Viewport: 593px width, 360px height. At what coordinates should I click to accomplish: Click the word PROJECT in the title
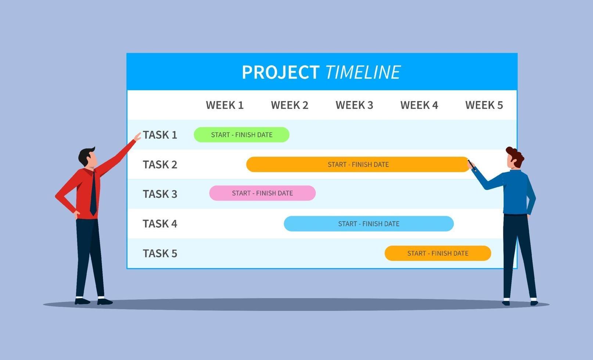pyautogui.click(x=280, y=72)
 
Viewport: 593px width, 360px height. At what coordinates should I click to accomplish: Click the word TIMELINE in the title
pyautogui.click(x=363, y=72)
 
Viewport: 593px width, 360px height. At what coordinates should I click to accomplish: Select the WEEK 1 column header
pyautogui.click(x=224, y=105)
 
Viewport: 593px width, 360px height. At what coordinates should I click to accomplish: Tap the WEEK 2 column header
pyautogui.click(x=290, y=105)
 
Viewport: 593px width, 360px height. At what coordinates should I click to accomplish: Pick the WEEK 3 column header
pyautogui.click(x=354, y=105)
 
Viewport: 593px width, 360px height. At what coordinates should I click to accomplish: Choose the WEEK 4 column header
pyautogui.click(x=419, y=105)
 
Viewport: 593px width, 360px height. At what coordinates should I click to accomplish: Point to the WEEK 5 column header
pyautogui.click(x=484, y=105)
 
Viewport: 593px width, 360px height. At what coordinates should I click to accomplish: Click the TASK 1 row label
pyautogui.click(x=160, y=135)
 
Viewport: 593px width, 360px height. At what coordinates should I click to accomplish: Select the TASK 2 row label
pyautogui.click(x=160, y=165)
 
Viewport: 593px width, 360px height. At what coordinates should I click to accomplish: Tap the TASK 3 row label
pyautogui.click(x=160, y=194)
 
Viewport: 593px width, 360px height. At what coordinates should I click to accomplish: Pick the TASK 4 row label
pyautogui.click(x=160, y=224)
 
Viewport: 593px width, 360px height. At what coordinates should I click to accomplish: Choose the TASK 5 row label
pyautogui.click(x=160, y=253)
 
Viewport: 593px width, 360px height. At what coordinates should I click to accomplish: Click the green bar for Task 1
pyautogui.click(x=241, y=135)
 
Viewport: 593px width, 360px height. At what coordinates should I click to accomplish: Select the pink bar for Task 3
pyautogui.click(x=262, y=193)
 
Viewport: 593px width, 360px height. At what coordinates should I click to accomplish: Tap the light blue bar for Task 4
pyautogui.click(x=369, y=224)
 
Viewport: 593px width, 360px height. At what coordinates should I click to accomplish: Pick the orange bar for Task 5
pyautogui.click(x=438, y=253)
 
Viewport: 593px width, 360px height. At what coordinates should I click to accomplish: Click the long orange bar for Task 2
pyautogui.click(x=358, y=165)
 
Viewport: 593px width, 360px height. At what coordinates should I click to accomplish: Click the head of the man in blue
pyautogui.click(x=514, y=158)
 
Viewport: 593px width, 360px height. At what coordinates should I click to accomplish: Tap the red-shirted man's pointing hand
pyautogui.click(x=137, y=137)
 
